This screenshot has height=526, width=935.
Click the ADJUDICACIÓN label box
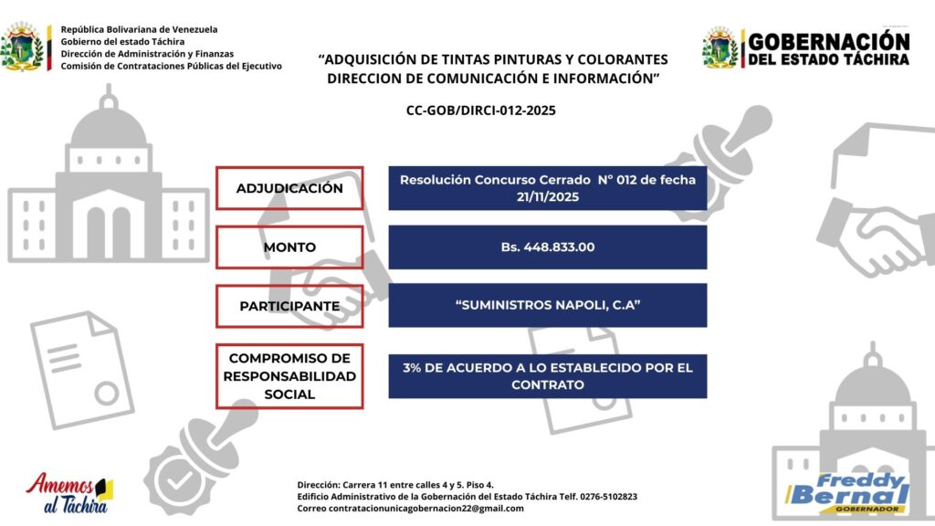(289, 188)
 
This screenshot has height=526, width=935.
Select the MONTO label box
(289, 247)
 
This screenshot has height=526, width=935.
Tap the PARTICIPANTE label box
(289, 306)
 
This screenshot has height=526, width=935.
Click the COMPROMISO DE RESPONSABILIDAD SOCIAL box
(289, 376)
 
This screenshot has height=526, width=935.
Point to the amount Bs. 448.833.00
(548, 247)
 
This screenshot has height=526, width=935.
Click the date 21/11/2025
(548, 196)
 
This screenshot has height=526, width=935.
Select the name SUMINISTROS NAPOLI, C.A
(548, 305)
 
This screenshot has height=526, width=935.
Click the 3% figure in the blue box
(412, 368)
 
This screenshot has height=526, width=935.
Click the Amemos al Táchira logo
(69, 493)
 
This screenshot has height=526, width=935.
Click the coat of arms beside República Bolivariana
(24, 47)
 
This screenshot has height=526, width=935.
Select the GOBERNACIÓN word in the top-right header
(829, 41)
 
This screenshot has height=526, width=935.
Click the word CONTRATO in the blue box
(547, 385)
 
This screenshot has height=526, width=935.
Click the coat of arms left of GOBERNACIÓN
(720, 47)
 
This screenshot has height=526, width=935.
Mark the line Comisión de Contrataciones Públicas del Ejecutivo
(171, 66)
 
